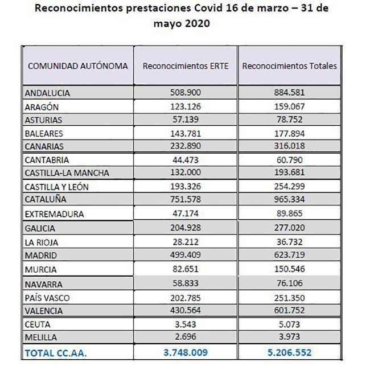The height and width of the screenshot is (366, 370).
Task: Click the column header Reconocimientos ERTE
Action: point(186,65)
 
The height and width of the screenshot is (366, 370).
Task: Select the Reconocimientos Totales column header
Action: point(289,65)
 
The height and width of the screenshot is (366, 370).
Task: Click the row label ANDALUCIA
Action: point(50,92)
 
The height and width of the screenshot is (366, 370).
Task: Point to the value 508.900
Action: point(186,92)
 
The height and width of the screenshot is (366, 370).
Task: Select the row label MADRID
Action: point(42,256)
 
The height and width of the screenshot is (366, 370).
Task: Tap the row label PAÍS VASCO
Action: point(48,297)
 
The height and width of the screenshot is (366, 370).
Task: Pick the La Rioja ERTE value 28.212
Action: point(186,242)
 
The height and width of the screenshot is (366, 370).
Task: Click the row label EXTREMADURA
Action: point(55,214)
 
